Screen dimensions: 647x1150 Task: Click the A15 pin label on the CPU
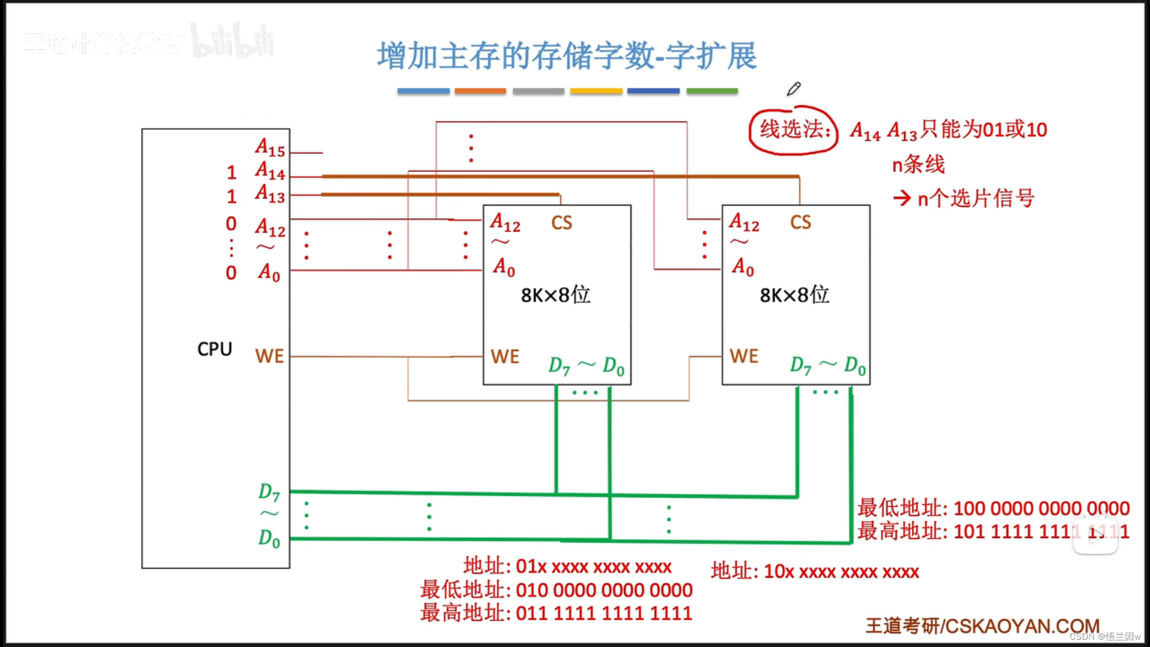(270, 147)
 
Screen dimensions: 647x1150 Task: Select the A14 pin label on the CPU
(270, 171)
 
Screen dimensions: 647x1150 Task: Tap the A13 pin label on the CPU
(270, 194)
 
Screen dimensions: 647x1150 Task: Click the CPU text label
(214, 349)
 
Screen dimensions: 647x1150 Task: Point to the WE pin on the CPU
(270, 356)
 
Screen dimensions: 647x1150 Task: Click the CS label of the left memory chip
(562, 223)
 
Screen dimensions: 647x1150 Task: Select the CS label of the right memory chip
(801, 223)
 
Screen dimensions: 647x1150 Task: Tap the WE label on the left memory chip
(505, 357)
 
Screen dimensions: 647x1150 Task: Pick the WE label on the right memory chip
(744, 356)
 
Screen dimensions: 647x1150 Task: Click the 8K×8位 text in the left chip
(555, 295)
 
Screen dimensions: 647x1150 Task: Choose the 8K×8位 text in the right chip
(794, 295)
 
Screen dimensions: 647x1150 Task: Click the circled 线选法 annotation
(794, 129)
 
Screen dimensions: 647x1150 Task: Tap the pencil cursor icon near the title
(794, 89)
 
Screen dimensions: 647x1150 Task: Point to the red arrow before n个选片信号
(902, 198)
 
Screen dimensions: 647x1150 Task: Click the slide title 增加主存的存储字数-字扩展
(567, 56)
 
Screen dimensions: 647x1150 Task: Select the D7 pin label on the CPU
(269, 492)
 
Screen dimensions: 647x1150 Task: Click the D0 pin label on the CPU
(269, 539)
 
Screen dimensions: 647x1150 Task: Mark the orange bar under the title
(480, 91)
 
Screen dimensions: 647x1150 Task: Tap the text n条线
(918, 164)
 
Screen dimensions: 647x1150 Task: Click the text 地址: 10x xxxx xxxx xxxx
(815, 572)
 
